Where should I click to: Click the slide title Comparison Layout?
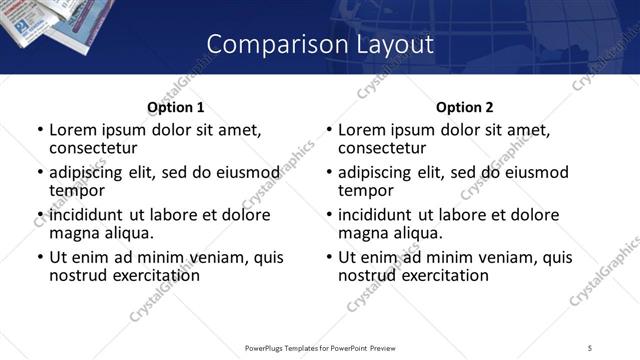coord(320,44)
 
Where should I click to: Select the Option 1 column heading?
coord(175,107)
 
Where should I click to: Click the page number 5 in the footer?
coord(591,347)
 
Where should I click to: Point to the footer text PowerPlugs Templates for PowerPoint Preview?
coord(319,347)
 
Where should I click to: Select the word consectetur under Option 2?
coord(381,148)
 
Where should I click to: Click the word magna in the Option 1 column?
coord(73,233)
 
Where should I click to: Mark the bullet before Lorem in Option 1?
coord(39,130)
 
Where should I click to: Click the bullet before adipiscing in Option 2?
coord(328,173)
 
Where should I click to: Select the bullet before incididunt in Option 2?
coord(328,215)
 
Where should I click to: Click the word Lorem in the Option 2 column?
coord(361,130)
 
